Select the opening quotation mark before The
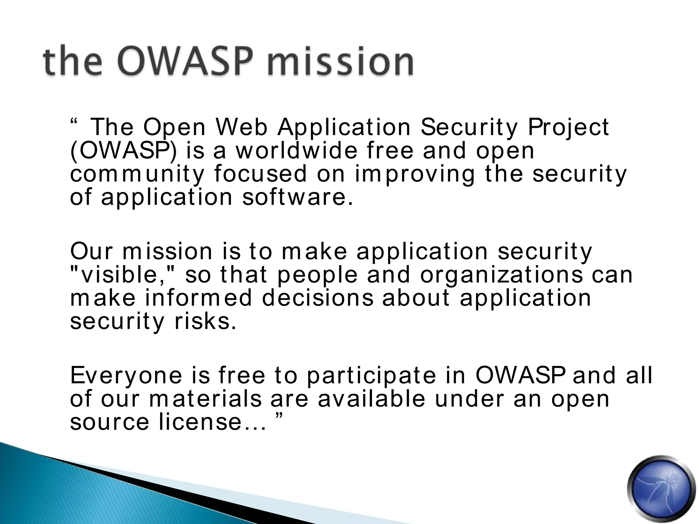pyautogui.click(x=74, y=122)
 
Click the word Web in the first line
pyautogui.click(x=242, y=127)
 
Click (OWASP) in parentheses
pyautogui.click(x=124, y=151)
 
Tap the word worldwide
pyautogui.click(x=297, y=150)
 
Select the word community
pyautogui.click(x=137, y=174)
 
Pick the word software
pyautogui.click(x=297, y=197)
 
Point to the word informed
pyautogui.click(x=198, y=298)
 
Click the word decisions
pyautogui.click(x=318, y=298)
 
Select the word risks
pyautogui.click(x=205, y=321)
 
